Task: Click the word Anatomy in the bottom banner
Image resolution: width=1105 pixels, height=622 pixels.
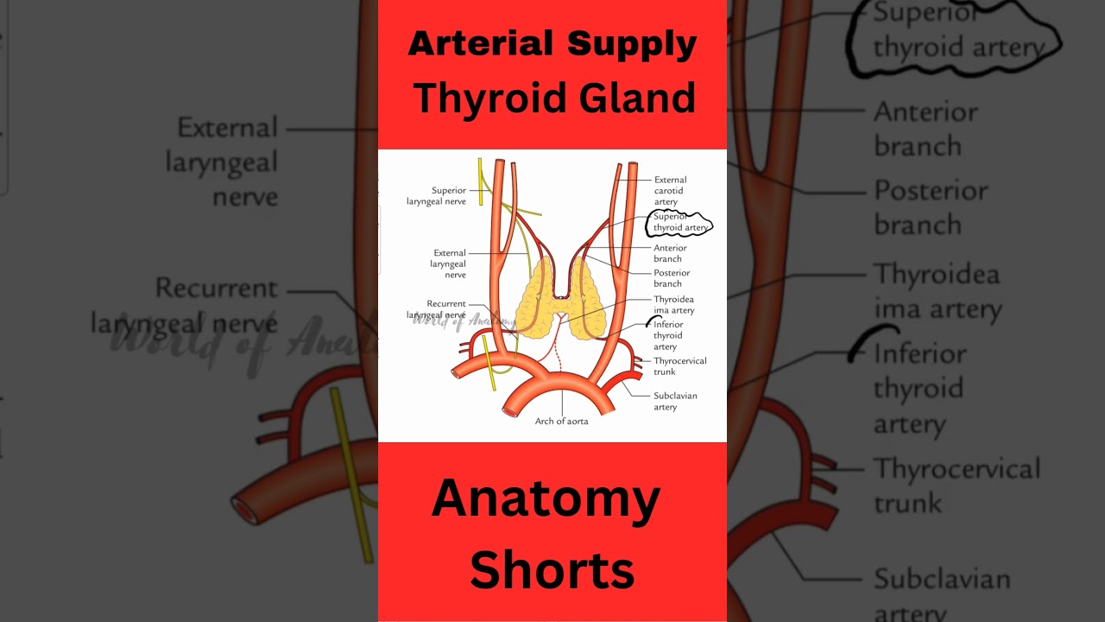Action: [546, 498]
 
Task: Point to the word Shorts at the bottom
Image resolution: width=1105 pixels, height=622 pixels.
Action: [552, 569]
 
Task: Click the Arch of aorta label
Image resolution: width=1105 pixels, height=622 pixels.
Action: [561, 422]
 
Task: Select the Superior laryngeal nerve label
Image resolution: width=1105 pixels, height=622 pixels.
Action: [437, 196]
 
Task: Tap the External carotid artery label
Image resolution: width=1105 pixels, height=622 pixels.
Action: [670, 191]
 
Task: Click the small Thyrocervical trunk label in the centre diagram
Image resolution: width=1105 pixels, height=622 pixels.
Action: [679, 366]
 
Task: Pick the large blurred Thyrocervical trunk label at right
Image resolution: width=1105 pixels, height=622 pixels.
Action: [957, 486]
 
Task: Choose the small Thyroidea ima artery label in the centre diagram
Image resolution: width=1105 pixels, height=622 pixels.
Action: [673, 305]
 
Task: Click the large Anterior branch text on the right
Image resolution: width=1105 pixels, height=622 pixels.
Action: [925, 129]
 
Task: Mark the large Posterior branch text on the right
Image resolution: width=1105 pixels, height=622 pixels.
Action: [931, 207]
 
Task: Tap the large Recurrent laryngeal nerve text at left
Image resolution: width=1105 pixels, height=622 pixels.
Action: [185, 306]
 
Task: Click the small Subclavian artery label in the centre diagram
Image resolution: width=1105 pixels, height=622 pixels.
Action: [675, 402]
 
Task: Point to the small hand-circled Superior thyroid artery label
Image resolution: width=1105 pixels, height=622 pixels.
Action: [680, 223]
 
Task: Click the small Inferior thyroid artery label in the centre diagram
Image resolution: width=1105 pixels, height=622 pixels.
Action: [667, 336]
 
